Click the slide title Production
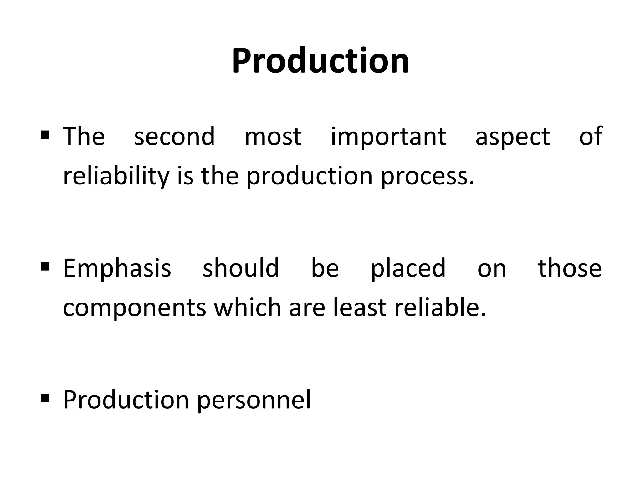pyautogui.click(x=320, y=61)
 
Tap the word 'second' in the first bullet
pyautogui.click(x=174, y=137)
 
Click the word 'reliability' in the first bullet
pyautogui.click(x=116, y=176)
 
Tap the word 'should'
pyautogui.click(x=240, y=268)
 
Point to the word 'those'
pyautogui.click(x=570, y=268)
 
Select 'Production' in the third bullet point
pyautogui.click(x=126, y=400)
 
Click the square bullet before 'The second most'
pyautogui.click(x=45, y=135)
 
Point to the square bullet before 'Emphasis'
pyautogui.click(x=45, y=266)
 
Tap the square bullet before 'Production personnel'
pyautogui.click(x=45, y=398)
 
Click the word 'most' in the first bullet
pyautogui.click(x=273, y=137)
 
